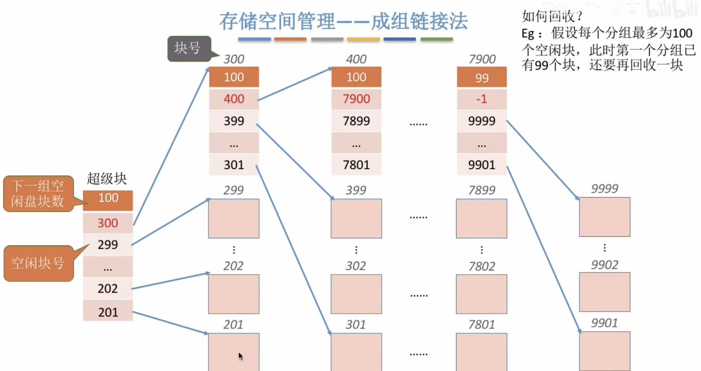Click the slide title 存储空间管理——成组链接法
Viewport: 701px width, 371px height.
(x=343, y=21)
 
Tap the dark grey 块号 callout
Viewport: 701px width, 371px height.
(x=189, y=48)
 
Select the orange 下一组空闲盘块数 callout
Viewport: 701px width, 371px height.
(x=38, y=193)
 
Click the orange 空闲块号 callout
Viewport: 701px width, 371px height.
(x=38, y=263)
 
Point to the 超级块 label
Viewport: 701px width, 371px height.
(x=107, y=178)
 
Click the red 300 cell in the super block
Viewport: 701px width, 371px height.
(x=108, y=223)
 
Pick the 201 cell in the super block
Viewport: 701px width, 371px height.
(x=108, y=312)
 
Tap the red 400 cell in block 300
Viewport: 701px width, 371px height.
(x=234, y=99)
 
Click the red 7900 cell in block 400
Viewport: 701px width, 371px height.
(x=356, y=99)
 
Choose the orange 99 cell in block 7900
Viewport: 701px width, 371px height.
(x=482, y=77)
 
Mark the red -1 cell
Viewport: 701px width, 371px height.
(x=482, y=99)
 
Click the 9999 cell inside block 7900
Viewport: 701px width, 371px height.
(x=482, y=121)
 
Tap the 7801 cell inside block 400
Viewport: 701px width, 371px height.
(x=356, y=165)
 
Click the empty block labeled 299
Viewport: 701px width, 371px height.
(x=234, y=218)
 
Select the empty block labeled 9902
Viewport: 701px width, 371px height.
(x=604, y=292)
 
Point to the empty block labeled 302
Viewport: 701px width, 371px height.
(x=356, y=294)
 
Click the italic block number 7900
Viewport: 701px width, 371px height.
(x=482, y=59)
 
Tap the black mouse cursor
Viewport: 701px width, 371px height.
(x=241, y=356)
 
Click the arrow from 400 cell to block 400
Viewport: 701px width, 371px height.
(x=295, y=84)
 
